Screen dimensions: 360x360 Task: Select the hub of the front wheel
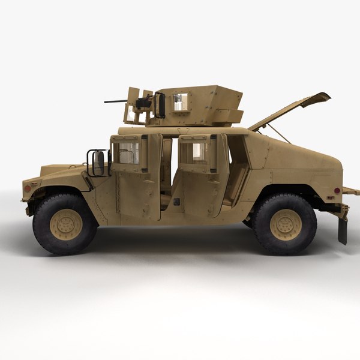pos(65,224)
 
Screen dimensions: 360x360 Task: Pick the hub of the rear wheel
pos(285,224)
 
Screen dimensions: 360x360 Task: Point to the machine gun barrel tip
pos(106,101)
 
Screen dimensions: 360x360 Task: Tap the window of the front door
pos(125,152)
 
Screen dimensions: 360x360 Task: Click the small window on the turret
pos(180,102)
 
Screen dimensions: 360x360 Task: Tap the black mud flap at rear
pos(343,230)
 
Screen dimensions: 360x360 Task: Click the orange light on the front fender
pos(27,188)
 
